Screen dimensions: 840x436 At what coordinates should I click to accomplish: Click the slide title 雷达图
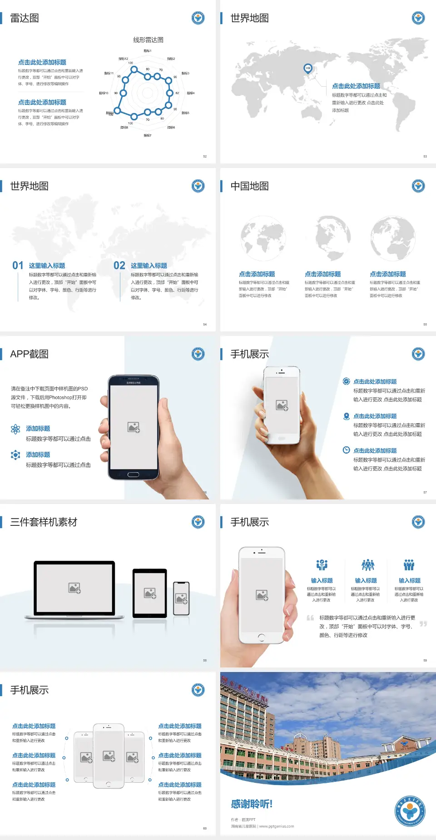coord(25,18)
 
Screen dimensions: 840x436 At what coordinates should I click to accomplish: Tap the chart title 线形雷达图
coord(148,40)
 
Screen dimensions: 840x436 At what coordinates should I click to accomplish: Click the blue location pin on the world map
coord(307,69)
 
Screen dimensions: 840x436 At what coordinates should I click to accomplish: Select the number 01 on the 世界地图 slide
coord(18,266)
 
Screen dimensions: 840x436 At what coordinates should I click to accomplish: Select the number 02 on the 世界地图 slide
coord(119,266)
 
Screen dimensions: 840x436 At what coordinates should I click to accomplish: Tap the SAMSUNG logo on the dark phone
coord(134,383)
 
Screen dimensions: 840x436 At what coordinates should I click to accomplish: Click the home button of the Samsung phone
coord(133,474)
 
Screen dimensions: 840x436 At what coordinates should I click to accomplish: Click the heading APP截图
coord(30,354)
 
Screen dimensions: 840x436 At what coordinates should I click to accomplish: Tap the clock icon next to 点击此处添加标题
coord(346,450)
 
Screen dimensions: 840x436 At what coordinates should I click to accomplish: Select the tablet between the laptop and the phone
coord(150,593)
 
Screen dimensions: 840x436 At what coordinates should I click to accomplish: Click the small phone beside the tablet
coord(181,598)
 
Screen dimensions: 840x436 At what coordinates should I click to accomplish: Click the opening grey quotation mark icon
coord(310,618)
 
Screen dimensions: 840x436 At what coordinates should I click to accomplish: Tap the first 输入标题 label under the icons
coord(322,581)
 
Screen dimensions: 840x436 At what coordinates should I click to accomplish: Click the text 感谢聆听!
coord(252,804)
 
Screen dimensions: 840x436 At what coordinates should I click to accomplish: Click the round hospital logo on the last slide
coord(410,811)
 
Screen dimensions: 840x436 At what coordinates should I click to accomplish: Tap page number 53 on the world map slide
coord(425,156)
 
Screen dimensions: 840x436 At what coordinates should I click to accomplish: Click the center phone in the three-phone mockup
coord(109,756)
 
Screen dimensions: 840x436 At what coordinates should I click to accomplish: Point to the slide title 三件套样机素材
coord(44,522)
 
